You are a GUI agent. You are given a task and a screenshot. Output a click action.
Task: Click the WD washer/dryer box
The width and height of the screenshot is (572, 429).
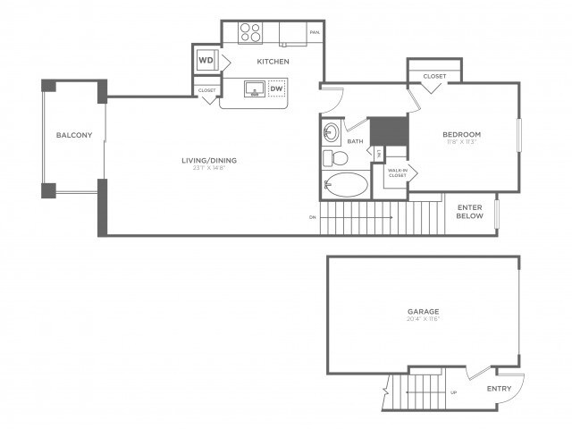[206, 61]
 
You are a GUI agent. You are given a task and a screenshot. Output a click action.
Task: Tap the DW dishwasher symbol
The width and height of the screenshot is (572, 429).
[276, 88]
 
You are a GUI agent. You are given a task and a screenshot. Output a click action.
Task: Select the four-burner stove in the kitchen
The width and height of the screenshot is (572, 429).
[251, 33]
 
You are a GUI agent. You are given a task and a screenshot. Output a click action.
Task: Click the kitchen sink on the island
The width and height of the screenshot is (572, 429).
[252, 89]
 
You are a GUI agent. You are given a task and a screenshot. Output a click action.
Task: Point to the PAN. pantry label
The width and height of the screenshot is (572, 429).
[314, 33]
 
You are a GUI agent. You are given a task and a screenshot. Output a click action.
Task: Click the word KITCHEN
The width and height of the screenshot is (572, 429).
[272, 62]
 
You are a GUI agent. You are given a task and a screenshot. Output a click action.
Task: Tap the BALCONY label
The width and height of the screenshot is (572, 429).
[74, 136]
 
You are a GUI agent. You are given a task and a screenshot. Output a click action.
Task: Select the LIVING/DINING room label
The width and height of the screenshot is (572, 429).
[209, 162]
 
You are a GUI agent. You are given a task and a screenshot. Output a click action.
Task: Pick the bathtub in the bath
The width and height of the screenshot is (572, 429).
[345, 187]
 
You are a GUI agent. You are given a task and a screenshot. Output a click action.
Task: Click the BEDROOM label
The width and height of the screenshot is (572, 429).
[462, 134]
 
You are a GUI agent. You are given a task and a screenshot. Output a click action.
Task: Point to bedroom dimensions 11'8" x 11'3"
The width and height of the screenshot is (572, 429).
[462, 142]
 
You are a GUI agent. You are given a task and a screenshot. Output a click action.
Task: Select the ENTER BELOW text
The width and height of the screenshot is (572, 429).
[469, 211]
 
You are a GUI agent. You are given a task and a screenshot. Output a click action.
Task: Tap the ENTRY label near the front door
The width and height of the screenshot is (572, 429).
[499, 389]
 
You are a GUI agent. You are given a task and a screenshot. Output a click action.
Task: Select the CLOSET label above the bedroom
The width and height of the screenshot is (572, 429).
[434, 76]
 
